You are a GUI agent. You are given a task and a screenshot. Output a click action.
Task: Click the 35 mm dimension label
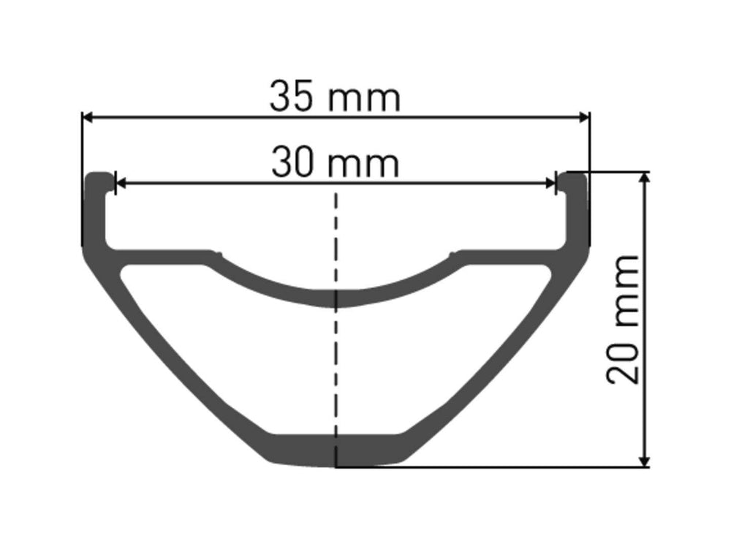coord(335,97)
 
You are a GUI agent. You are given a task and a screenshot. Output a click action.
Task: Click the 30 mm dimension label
coord(335,162)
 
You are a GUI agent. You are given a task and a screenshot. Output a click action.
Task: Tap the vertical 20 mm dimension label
coord(623,320)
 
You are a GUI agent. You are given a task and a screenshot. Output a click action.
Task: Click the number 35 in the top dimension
coord(290,97)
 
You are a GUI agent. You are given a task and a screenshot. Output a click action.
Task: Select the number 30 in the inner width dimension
coord(292,162)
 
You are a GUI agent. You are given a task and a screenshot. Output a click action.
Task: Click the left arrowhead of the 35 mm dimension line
coord(88,118)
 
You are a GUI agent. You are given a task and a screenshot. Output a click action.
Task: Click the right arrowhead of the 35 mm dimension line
coord(583,118)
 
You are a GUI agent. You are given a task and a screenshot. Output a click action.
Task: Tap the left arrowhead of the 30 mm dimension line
coord(121,184)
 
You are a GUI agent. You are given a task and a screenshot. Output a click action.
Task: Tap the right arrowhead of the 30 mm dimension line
coord(550,184)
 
